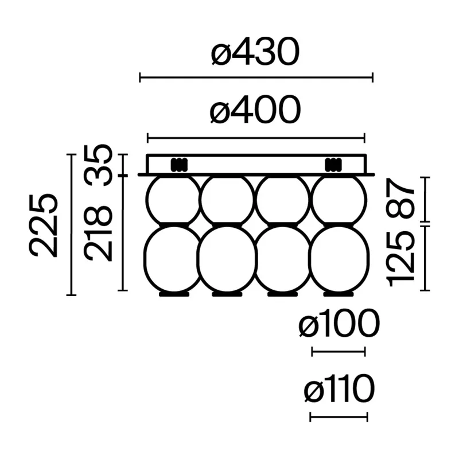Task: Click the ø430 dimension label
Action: tap(255, 52)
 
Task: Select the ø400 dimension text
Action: tap(255, 110)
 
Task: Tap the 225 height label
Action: tap(43, 225)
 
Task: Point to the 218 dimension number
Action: tap(98, 233)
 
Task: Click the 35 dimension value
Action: tap(98, 165)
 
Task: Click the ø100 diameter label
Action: tap(339, 324)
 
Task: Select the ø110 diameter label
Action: tap(339, 389)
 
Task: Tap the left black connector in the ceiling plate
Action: tap(179, 165)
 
